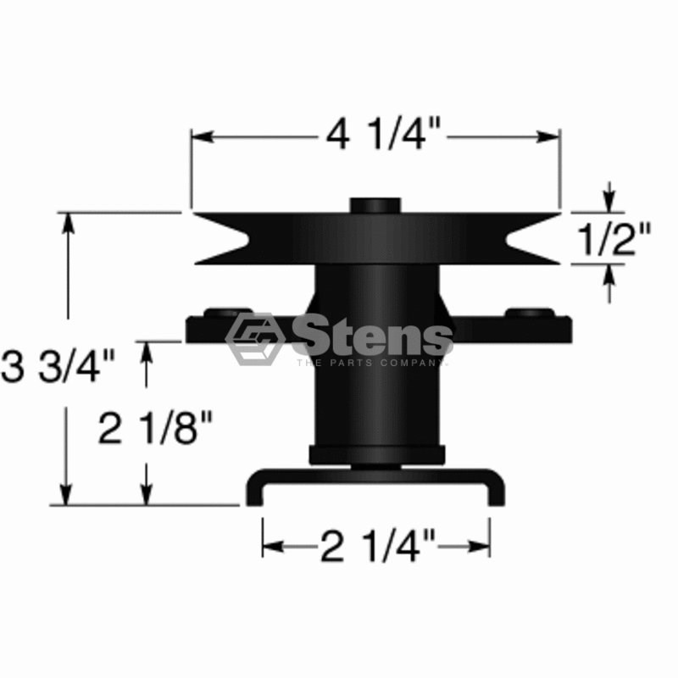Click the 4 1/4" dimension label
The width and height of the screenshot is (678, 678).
[x=383, y=135]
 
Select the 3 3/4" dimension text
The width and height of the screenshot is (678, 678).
[x=58, y=366]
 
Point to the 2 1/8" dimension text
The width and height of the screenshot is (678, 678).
[x=156, y=429]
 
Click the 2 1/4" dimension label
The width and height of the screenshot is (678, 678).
[x=377, y=546]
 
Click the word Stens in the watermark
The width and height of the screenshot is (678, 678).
[x=373, y=335]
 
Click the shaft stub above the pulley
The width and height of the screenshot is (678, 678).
[x=375, y=205]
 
